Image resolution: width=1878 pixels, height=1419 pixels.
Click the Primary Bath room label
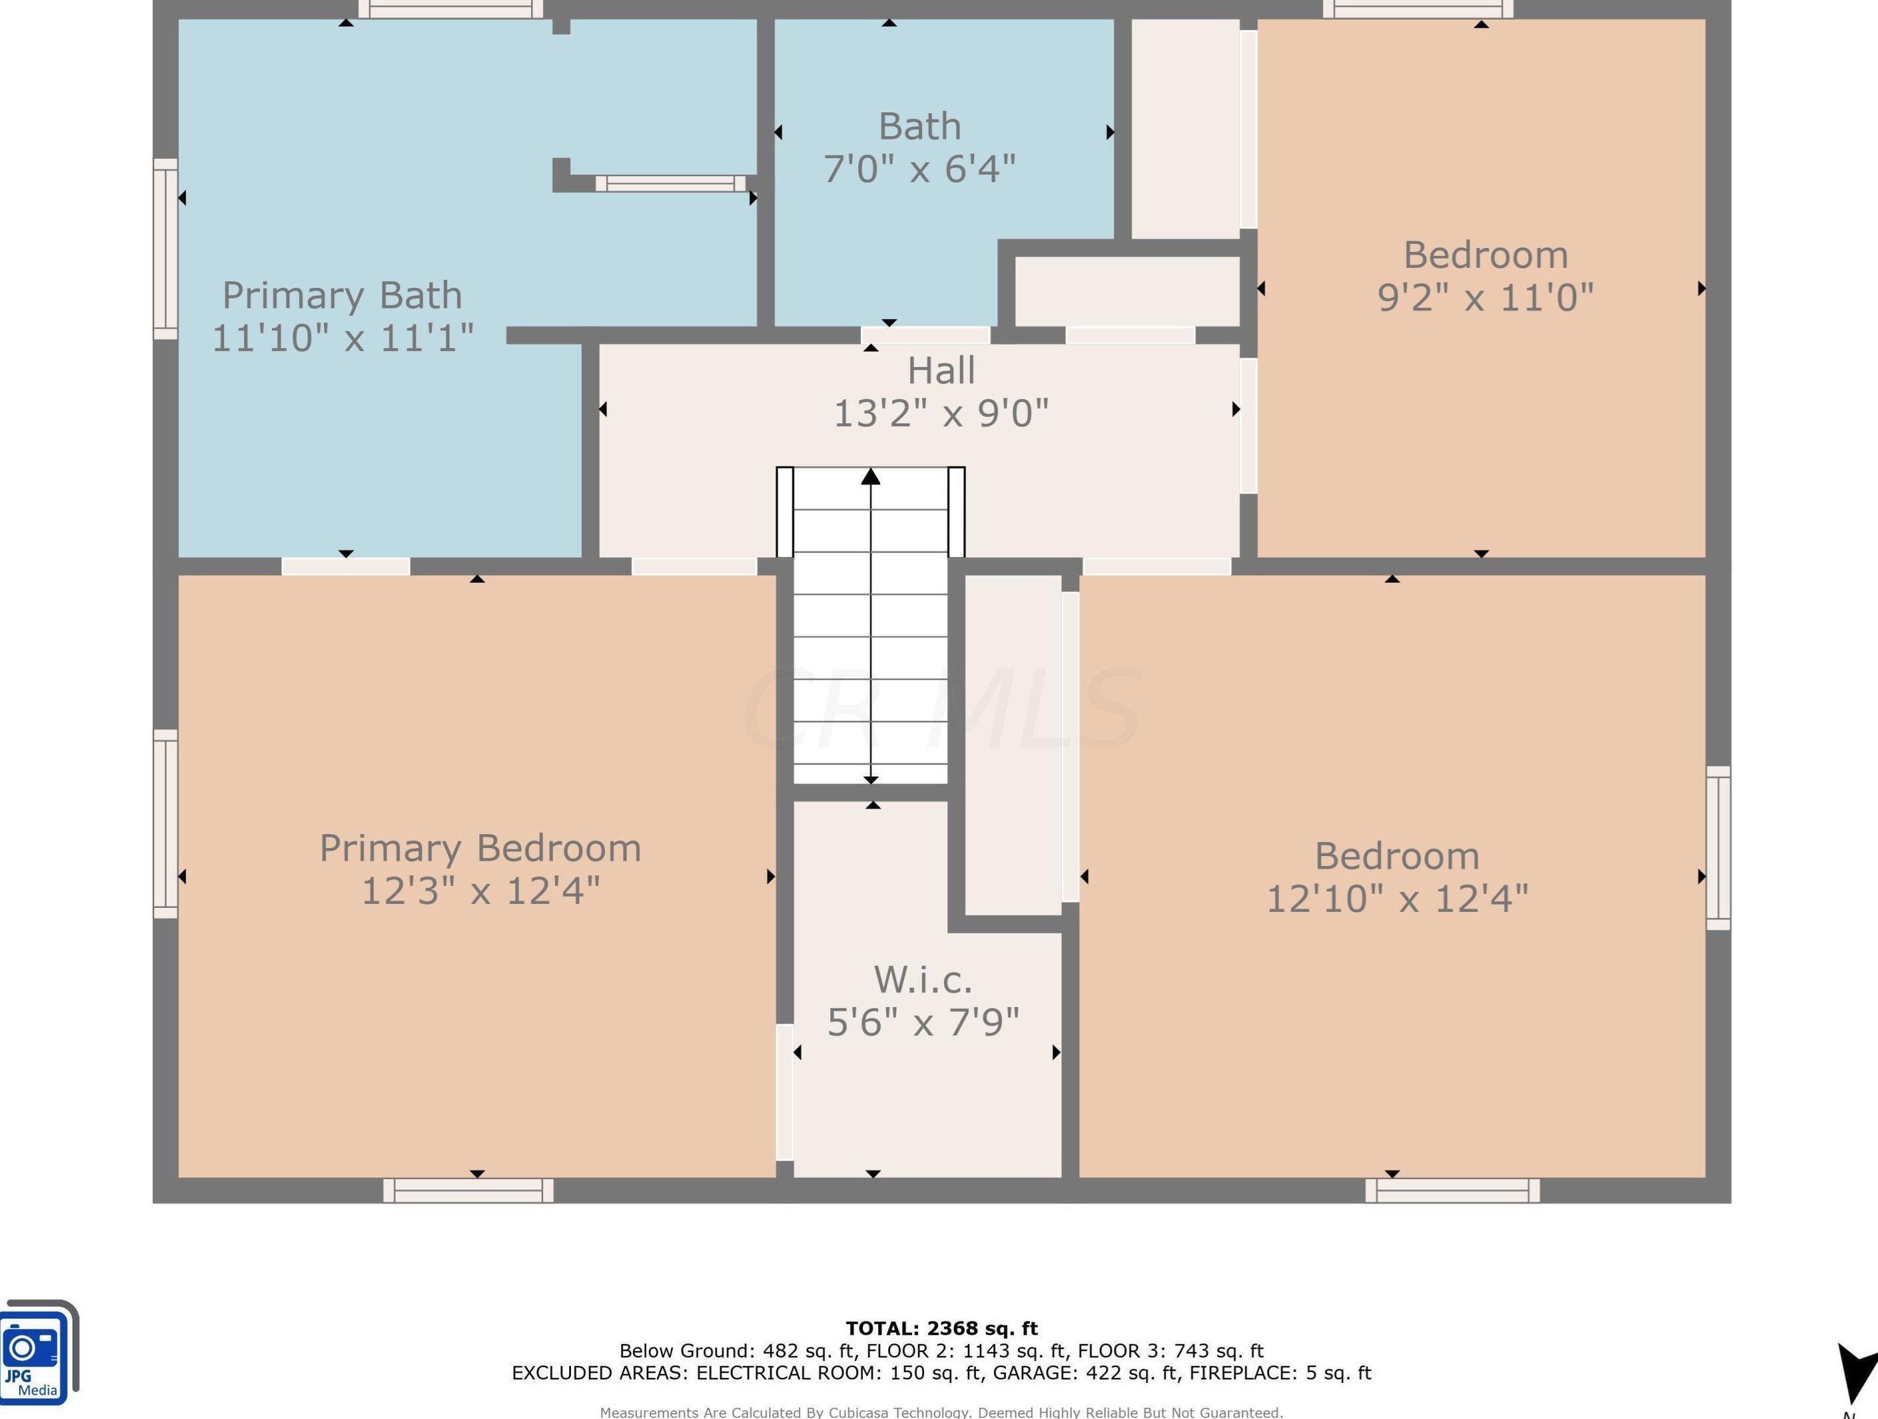click(x=342, y=295)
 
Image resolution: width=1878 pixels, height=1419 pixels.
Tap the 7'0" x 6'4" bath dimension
click(x=919, y=168)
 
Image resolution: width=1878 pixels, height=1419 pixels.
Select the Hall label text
click(x=941, y=370)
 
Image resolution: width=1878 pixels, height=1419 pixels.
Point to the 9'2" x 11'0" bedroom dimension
click(x=1485, y=297)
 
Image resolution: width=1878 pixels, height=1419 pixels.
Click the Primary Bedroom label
click(x=480, y=848)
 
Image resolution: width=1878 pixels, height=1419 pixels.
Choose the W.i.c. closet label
click(x=923, y=980)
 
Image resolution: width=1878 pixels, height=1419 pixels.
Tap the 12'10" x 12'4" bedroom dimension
click(x=1397, y=898)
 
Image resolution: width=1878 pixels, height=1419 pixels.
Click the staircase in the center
click(x=870, y=625)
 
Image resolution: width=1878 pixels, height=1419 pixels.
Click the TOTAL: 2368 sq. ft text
click(x=941, y=1328)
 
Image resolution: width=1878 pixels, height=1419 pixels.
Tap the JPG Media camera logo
click(x=39, y=1353)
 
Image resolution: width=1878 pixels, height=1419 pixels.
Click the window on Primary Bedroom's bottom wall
click(x=468, y=1191)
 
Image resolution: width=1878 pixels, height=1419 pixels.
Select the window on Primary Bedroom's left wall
click(x=166, y=823)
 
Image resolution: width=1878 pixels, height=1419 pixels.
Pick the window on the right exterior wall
click(x=1718, y=848)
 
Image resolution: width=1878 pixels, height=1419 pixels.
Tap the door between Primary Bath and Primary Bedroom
click(x=346, y=566)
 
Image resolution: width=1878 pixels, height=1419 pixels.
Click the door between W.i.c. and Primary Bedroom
click(x=785, y=1092)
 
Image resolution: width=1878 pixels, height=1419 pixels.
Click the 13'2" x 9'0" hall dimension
click(x=941, y=413)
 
